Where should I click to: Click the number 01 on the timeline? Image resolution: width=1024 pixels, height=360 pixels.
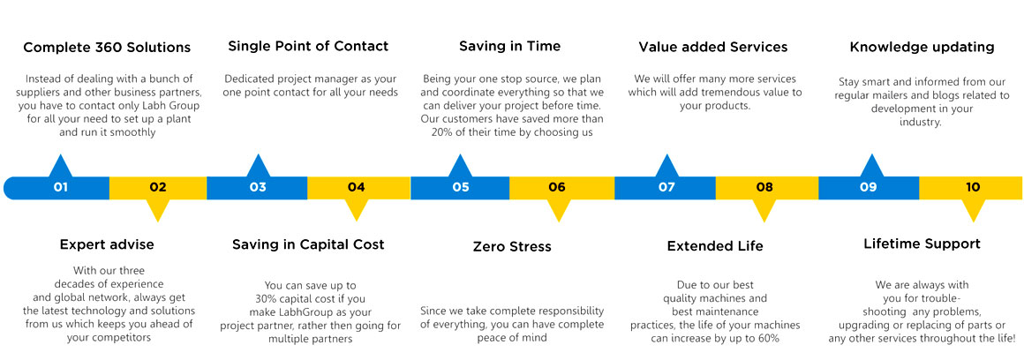click(x=61, y=188)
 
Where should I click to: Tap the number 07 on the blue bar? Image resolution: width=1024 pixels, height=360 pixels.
click(x=666, y=188)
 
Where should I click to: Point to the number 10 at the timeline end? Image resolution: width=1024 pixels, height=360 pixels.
click(x=973, y=188)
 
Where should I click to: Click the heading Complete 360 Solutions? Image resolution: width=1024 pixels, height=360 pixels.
click(x=107, y=48)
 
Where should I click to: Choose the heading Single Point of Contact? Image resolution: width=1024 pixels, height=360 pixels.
click(x=308, y=46)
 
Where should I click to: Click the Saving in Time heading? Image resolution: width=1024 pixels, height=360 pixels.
click(x=510, y=46)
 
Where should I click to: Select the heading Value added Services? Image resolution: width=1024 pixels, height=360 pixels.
click(x=713, y=47)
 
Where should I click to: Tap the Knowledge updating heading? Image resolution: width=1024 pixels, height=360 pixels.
click(x=922, y=47)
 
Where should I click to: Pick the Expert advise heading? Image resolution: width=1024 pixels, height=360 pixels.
click(x=107, y=244)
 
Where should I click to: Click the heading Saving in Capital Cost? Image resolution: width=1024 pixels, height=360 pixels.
click(x=308, y=244)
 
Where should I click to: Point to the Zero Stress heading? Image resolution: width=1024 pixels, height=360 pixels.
click(x=512, y=246)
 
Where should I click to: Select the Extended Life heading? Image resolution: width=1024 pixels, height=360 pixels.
click(x=715, y=246)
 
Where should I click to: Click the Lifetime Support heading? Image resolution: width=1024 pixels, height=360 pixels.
click(x=922, y=244)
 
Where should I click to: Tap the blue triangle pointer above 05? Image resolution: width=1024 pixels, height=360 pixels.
click(x=461, y=166)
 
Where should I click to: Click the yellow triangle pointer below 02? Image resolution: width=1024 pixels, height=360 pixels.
click(x=157, y=210)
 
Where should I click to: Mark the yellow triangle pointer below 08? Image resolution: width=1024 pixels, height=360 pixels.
click(x=764, y=210)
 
